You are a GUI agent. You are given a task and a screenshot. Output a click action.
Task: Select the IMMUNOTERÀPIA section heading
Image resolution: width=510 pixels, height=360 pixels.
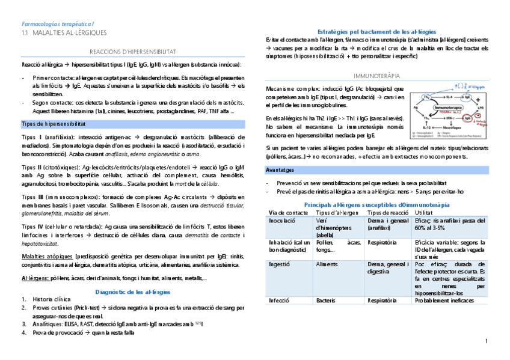[x=376, y=76]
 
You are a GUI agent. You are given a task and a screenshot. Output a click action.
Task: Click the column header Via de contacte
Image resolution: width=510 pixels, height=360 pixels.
[x=284, y=213]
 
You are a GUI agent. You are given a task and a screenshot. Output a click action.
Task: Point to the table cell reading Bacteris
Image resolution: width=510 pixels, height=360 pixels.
[x=325, y=300]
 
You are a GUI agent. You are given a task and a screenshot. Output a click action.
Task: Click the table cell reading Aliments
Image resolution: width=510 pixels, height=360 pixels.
[x=327, y=263]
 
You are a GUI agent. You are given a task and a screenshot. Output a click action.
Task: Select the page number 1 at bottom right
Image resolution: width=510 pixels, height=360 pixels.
[x=486, y=341]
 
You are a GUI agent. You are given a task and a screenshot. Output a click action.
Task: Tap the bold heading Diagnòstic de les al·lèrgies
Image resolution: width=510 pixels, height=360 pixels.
[x=132, y=291]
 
